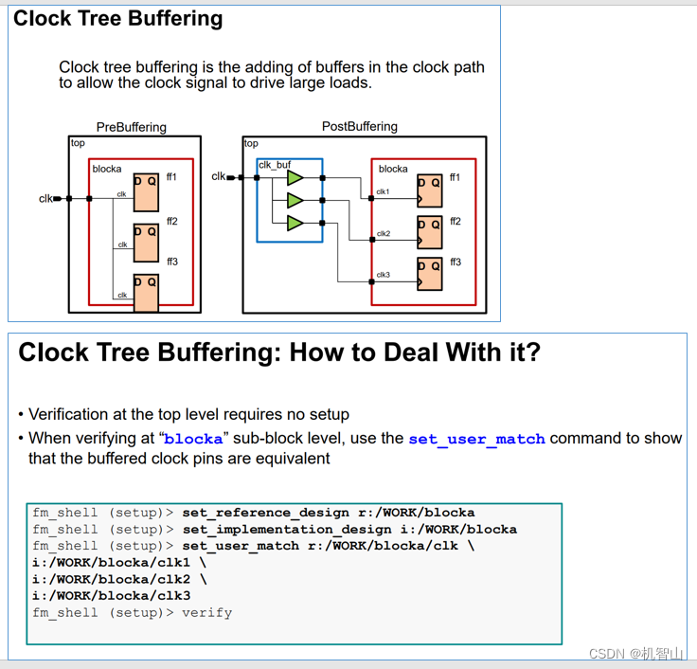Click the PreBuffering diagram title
(x=131, y=127)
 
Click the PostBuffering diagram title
(x=359, y=126)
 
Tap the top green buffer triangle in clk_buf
(x=295, y=177)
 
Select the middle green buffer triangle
(x=295, y=200)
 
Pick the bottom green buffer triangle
(x=295, y=223)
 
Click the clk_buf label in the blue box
(x=275, y=165)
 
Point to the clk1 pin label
(x=383, y=192)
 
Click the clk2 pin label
(x=383, y=233)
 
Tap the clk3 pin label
(x=383, y=275)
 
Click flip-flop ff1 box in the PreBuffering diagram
(x=146, y=192)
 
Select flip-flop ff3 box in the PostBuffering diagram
(x=429, y=273)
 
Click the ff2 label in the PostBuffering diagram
(x=456, y=221)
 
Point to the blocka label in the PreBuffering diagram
(x=107, y=169)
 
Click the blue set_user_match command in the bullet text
(x=476, y=439)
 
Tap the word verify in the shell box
(x=206, y=612)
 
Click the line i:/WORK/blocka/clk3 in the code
(x=111, y=595)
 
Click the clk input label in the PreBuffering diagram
(x=45, y=198)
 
